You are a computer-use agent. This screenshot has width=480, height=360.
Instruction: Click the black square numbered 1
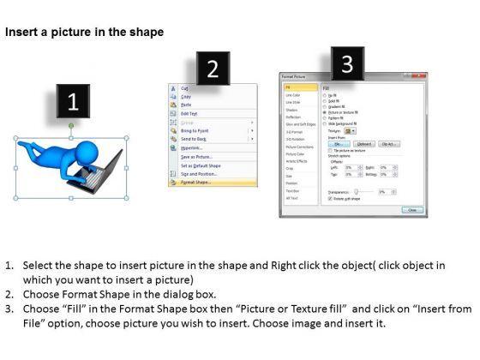click(x=73, y=102)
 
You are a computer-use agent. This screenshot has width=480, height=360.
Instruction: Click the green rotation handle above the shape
click(x=71, y=126)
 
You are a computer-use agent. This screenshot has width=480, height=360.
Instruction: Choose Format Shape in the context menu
click(x=197, y=182)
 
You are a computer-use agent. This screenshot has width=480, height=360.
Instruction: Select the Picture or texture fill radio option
click(x=324, y=111)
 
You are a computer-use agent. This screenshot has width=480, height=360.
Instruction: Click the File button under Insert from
click(x=336, y=144)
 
